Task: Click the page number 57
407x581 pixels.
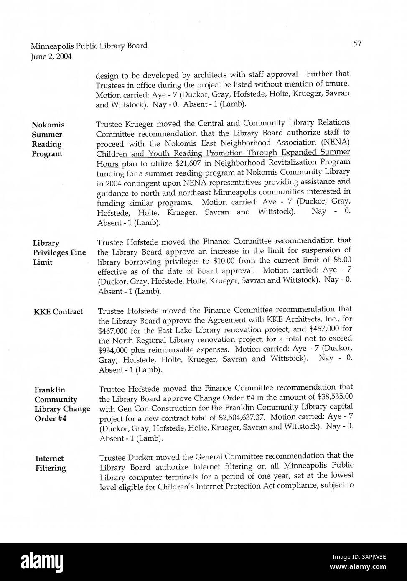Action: (x=357, y=43)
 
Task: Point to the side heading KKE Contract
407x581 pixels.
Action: (x=58, y=312)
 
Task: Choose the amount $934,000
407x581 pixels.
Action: (x=113, y=350)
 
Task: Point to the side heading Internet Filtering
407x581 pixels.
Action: (x=51, y=463)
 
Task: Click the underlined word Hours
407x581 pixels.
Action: (x=107, y=163)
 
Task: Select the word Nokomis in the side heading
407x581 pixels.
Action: (x=48, y=125)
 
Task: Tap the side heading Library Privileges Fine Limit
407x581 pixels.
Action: (x=59, y=252)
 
